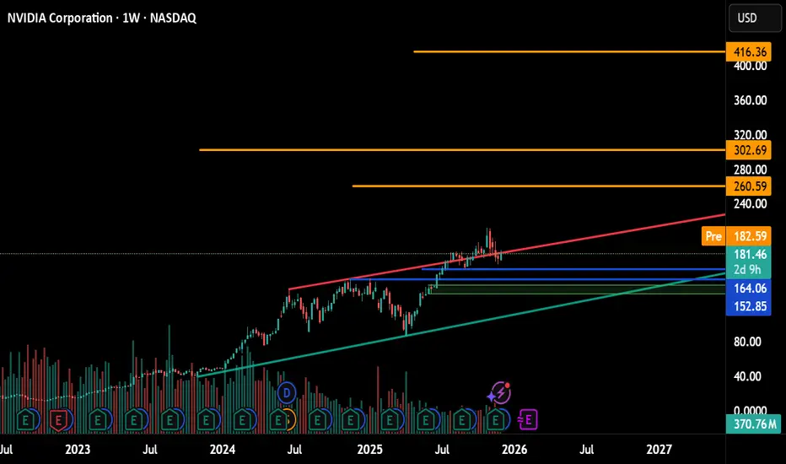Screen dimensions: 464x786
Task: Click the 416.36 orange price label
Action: pos(749,51)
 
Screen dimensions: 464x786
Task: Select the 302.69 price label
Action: pos(749,150)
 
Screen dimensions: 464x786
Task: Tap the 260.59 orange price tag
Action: pos(749,186)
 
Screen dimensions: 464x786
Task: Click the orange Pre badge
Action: pos(713,238)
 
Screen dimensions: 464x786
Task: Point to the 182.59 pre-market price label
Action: pos(749,238)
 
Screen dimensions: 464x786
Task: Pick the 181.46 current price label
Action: pos(749,253)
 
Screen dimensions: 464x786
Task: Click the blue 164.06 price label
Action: pos(749,288)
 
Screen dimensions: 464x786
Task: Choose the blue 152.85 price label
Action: pos(749,305)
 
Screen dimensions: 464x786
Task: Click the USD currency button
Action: pos(749,17)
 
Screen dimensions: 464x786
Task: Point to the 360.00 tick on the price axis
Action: pos(749,100)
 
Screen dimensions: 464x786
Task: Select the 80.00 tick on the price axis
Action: pos(749,342)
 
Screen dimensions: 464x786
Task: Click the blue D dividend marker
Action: pos(286,391)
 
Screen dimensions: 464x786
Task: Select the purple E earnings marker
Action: pos(531,418)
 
